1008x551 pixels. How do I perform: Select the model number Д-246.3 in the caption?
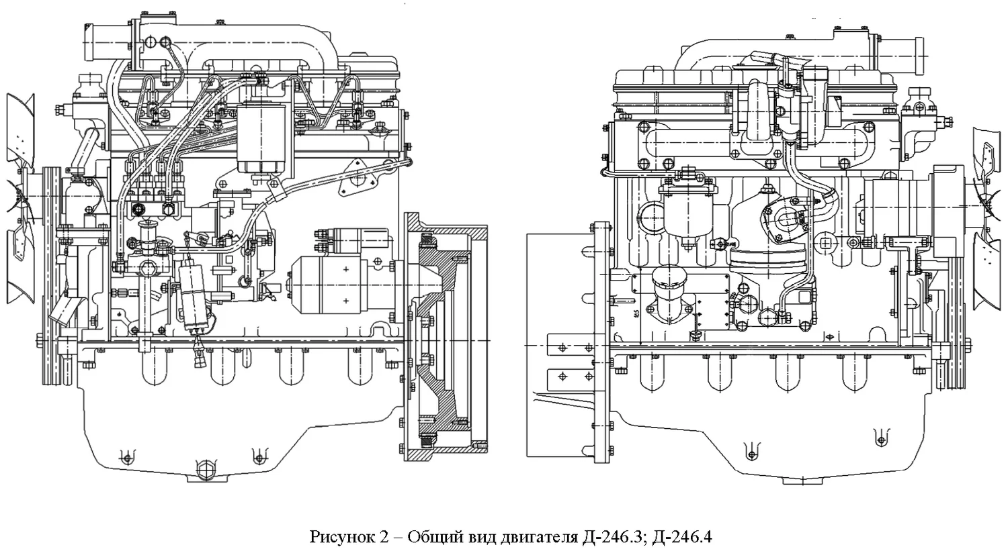point(611,538)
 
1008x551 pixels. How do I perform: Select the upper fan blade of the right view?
point(988,161)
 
